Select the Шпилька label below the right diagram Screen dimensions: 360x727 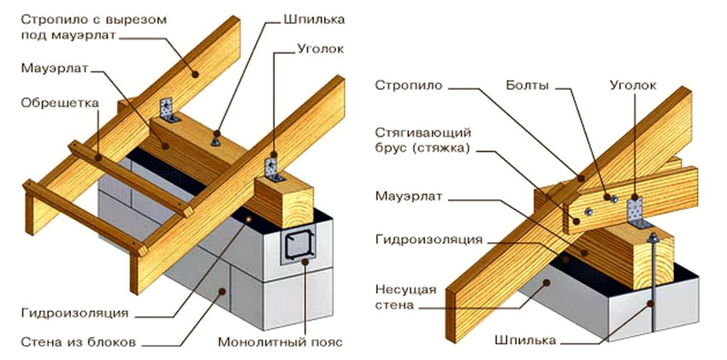pos(525,339)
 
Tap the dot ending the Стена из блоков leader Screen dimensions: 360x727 pos(226,290)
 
